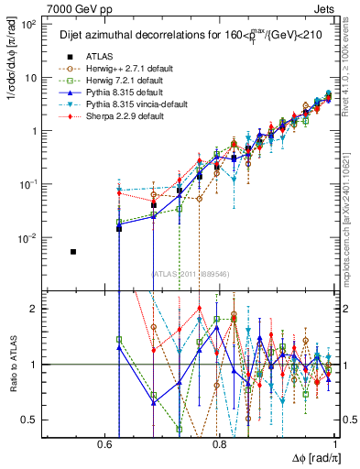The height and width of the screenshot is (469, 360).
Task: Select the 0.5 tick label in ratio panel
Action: click(x=33, y=420)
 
